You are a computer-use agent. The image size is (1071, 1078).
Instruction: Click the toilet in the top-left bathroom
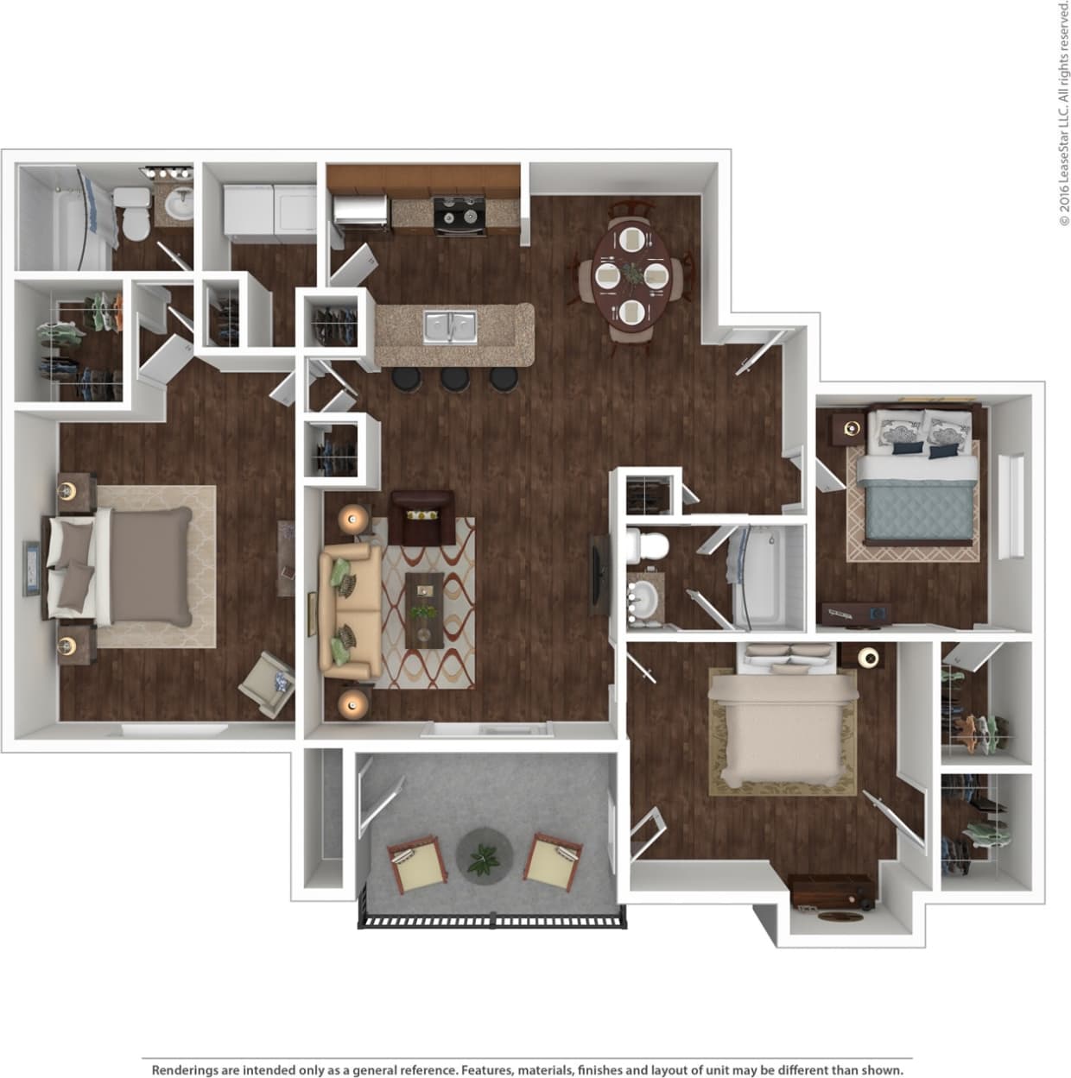133,216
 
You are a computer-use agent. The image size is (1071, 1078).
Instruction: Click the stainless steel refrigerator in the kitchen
359,212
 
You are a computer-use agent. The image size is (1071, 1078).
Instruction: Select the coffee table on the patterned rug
424,610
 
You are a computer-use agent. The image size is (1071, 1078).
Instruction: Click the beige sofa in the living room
349,612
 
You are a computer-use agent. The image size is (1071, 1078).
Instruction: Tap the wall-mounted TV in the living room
598,575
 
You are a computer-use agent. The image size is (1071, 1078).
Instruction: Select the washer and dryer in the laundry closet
270,208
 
